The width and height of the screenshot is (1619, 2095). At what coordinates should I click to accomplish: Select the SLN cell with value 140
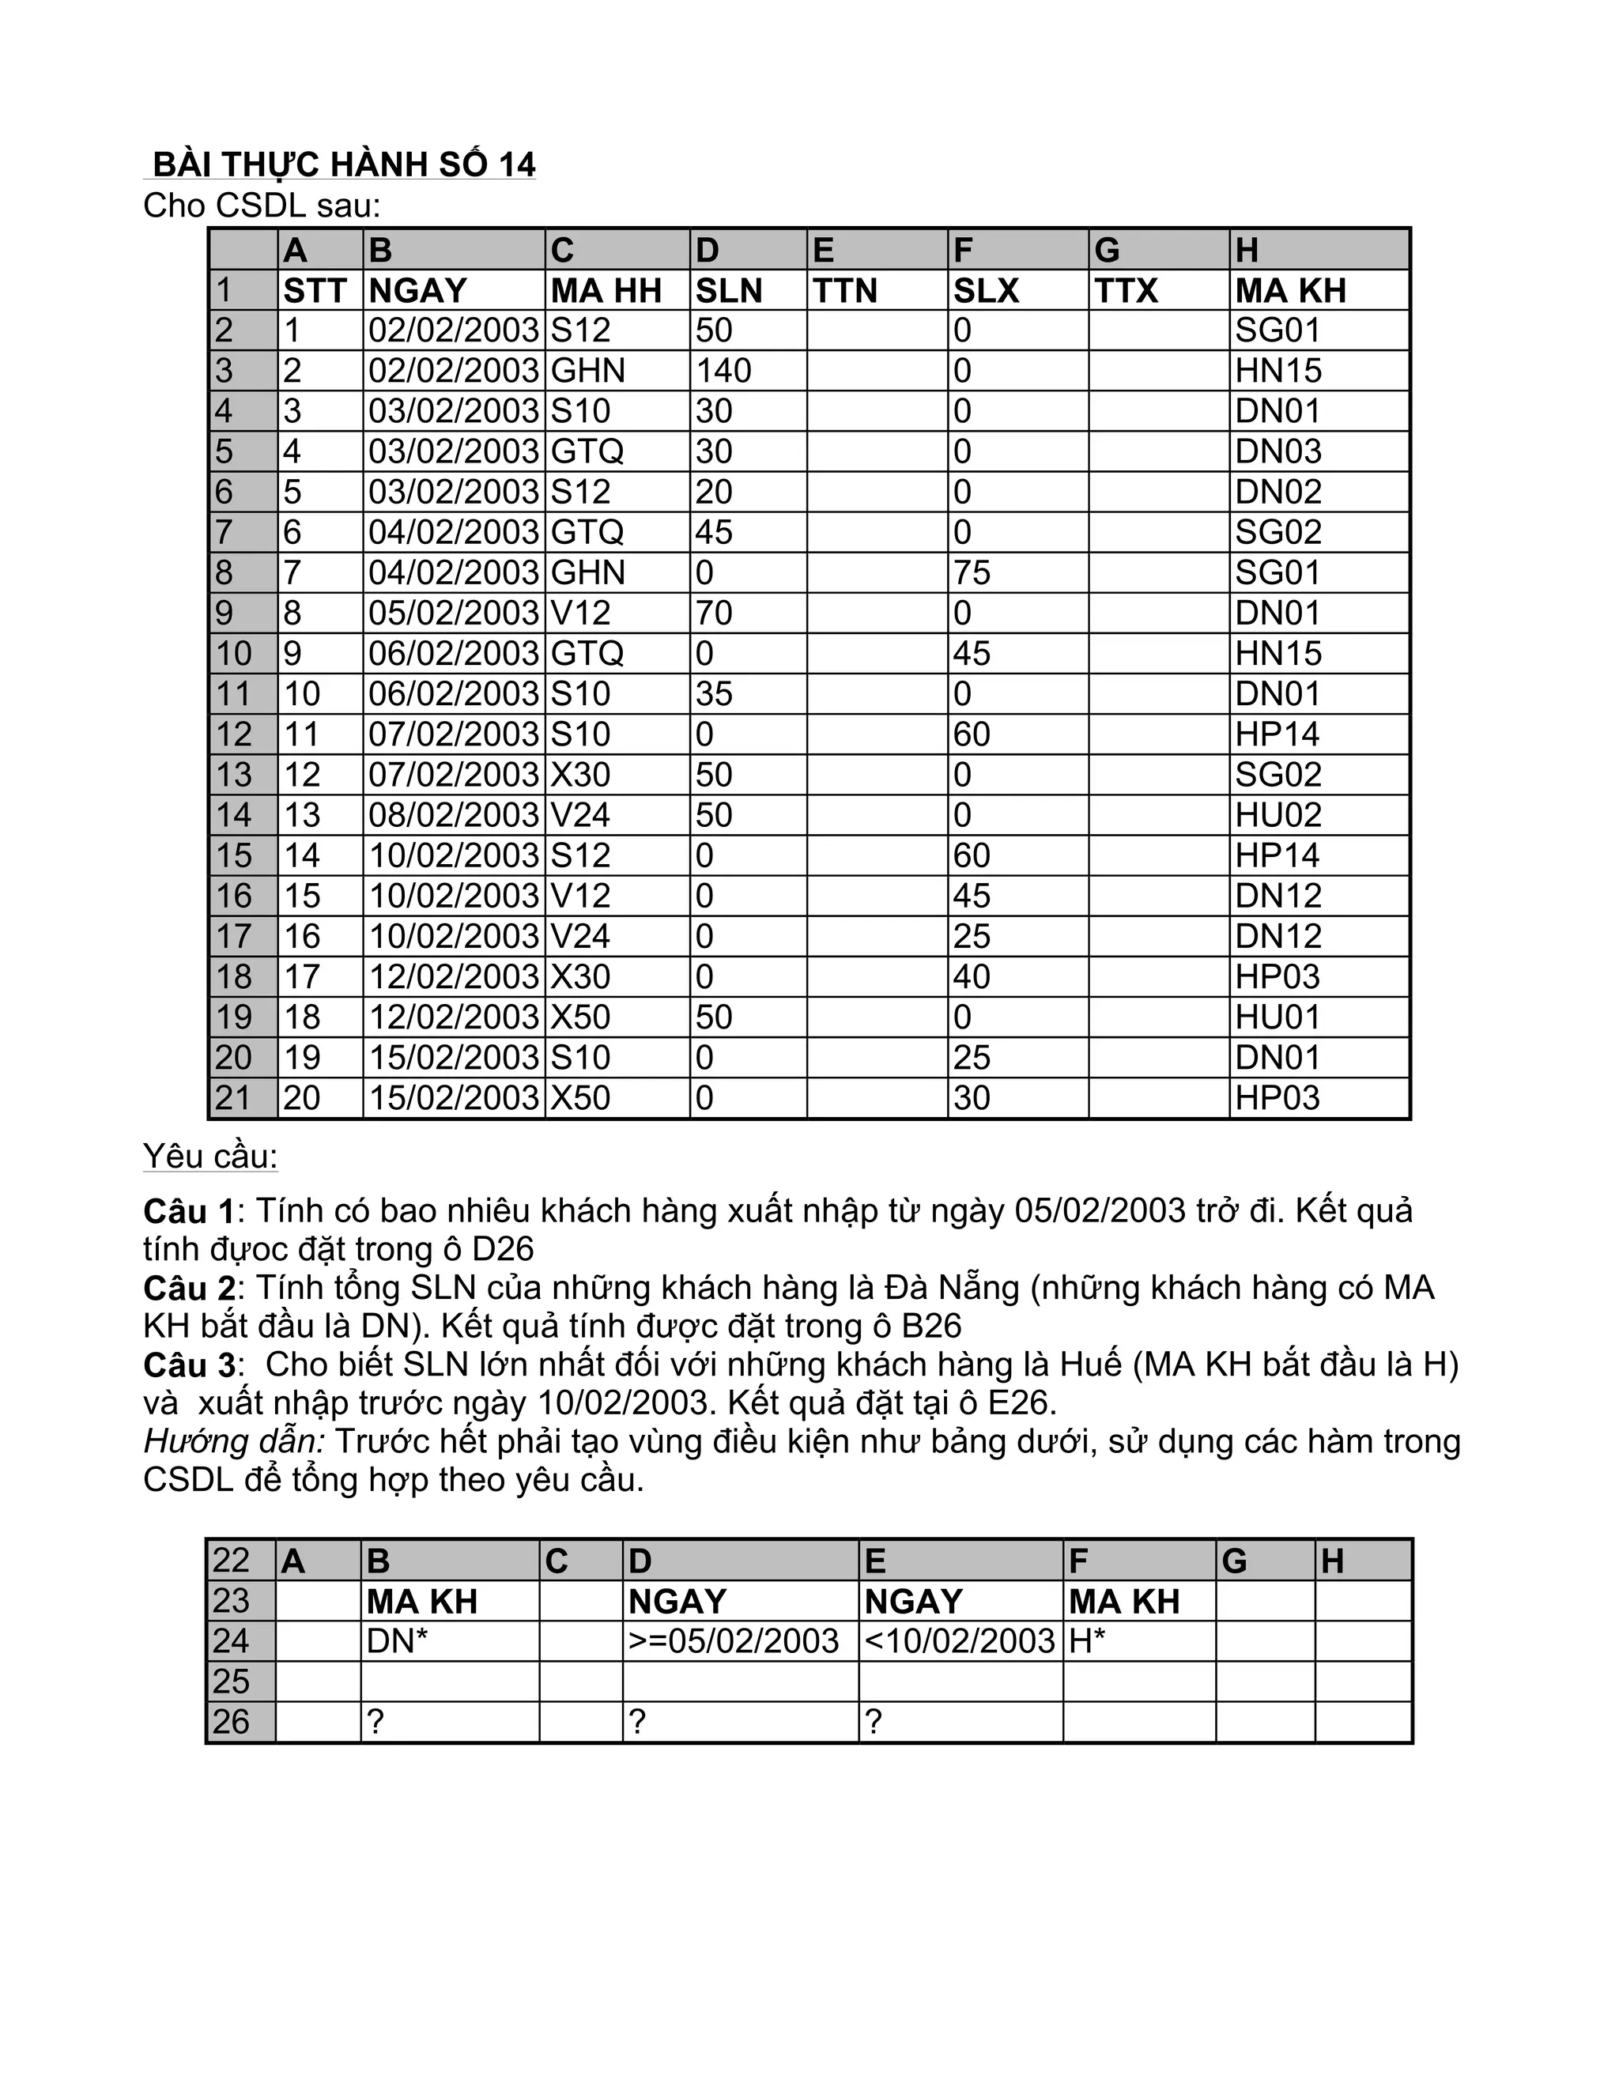[x=724, y=370]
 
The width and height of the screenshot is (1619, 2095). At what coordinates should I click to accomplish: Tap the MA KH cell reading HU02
[x=1277, y=814]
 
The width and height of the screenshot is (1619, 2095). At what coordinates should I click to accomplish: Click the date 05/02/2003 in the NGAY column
[x=454, y=613]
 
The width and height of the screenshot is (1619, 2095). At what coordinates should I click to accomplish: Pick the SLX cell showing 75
[x=972, y=572]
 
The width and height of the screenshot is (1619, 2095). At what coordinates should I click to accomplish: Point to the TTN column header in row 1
[x=845, y=289]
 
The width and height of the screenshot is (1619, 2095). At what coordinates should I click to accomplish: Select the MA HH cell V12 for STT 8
[x=580, y=613]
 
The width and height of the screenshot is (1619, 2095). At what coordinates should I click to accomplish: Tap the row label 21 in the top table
[x=233, y=1097]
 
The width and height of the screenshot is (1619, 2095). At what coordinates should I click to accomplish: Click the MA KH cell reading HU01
[x=1277, y=1017]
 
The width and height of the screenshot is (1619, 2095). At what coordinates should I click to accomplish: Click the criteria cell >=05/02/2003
[x=734, y=1640]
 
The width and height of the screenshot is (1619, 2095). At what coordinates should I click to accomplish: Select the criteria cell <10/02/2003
[x=960, y=1640]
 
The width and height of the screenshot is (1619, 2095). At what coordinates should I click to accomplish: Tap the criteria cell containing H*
[x=1088, y=1640]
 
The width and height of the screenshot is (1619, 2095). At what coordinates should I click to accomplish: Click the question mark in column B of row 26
[x=376, y=1722]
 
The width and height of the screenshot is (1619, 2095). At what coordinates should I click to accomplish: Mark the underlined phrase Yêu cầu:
[x=210, y=1156]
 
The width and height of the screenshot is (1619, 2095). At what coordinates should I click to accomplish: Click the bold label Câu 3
[x=189, y=1365]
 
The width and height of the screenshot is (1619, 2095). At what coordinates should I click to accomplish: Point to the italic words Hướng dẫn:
[x=234, y=1442]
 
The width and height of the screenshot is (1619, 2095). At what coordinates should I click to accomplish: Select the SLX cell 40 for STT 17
[x=972, y=976]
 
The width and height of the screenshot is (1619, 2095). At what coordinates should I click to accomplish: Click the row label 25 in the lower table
[x=231, y=1682]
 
